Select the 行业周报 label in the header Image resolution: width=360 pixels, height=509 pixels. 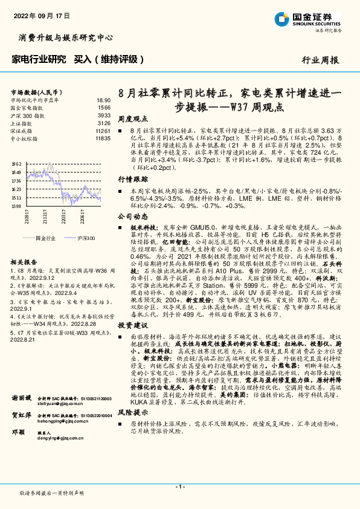320,60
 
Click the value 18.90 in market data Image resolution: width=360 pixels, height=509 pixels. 103,99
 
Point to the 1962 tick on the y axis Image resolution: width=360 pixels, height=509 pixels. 16,164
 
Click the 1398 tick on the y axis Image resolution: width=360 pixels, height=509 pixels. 16,206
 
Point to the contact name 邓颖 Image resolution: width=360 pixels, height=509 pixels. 18,467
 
